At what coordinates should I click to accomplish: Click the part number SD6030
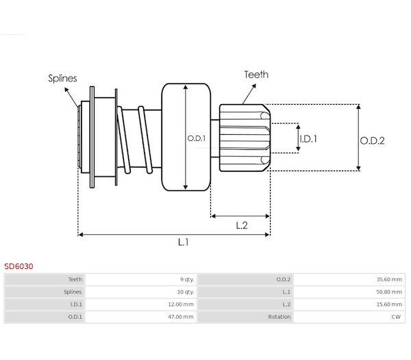[18, 266]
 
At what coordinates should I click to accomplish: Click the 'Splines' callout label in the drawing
[62, 78]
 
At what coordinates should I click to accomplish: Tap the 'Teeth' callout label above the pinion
[256, 75]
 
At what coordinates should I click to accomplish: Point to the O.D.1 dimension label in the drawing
[196, 138]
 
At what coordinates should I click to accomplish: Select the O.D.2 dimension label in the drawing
[373, 140]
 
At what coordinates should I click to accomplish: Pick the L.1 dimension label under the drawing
[183, 242]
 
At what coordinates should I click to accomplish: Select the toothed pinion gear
[245, 137]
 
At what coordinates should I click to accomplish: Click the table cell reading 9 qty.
[186, 279]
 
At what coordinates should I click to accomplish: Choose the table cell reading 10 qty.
[185, 292]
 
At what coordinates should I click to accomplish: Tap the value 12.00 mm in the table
[182, 304]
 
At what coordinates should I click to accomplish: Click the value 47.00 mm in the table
[182, 317]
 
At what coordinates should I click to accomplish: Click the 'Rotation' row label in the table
[279, 317]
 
